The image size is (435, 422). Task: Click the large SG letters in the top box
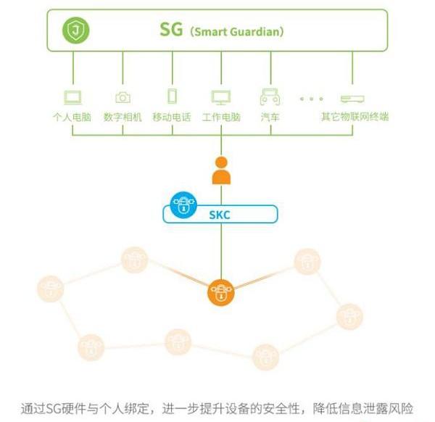point(172,31)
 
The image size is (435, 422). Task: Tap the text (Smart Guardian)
point(236,32)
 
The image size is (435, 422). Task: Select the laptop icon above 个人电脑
point(72,97)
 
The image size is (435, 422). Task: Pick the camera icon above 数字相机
point(123,97)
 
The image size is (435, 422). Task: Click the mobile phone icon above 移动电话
point(172,96)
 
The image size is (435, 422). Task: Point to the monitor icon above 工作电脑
point(220,97)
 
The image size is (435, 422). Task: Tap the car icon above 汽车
point(270,97)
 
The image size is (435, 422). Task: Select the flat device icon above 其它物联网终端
point(352,98)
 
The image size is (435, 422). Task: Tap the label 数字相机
point(123,116)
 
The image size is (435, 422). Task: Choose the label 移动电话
point(172,116)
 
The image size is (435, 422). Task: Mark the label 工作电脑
point(220,116)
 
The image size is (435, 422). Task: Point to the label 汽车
point(270,116)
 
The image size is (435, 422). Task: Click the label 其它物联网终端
point(355,116)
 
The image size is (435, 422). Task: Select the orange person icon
point(220,172)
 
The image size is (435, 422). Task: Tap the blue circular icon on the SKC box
point(183,204)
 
